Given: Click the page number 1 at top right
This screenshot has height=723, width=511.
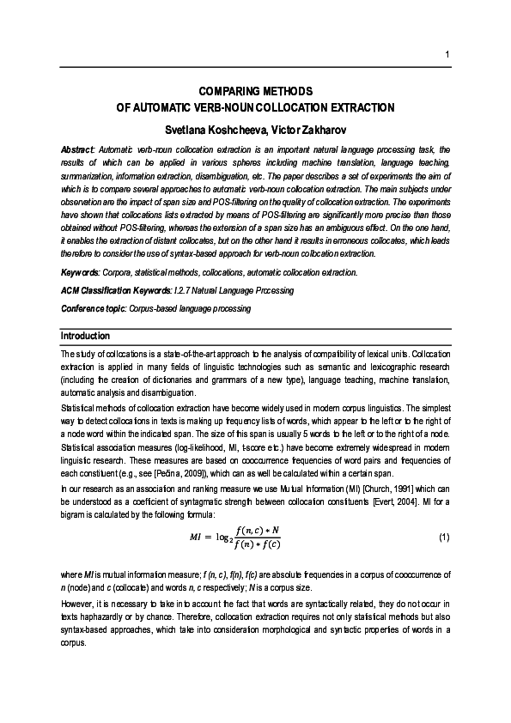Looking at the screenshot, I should (x=447, y=57).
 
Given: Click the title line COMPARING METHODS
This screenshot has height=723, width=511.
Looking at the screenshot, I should (x=255, y=91).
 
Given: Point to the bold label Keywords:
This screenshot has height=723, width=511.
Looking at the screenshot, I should (x=81, y=272).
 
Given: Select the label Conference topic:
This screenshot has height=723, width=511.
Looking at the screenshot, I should (x=93, y=308).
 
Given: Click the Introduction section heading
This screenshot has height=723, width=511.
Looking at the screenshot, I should (x=85, y=335).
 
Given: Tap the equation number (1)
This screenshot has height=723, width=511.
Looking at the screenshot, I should (x=443, y=537).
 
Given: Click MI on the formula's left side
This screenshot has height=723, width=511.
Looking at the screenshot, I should (x=198, y=538).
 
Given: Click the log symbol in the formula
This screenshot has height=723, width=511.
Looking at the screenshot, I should (x=222, y=538).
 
